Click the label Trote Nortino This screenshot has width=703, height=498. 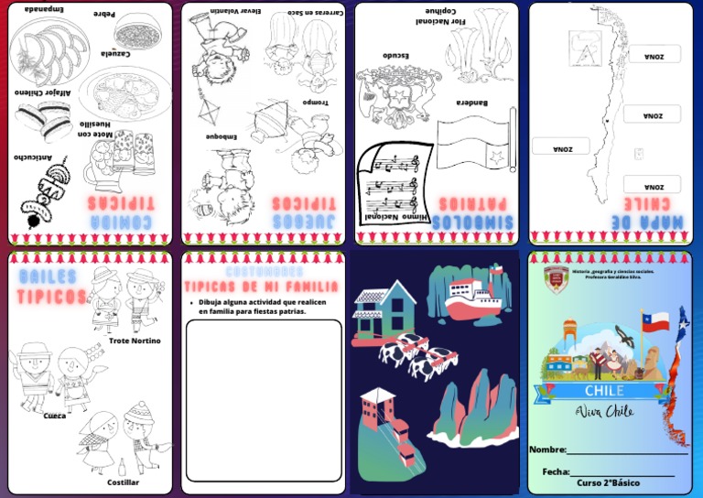coord(135,341)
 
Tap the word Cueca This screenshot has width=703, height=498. coord(55,416)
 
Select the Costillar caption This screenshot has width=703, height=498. coord(123,482)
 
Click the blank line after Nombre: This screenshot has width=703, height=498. coord(627,450)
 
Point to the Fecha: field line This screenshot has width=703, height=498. coord(622,472)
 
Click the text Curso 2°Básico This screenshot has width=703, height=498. coord(608,483)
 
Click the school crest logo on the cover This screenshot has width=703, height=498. coord(556,279)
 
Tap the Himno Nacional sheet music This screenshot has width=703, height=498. coord(391,183)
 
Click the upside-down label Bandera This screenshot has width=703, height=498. coord(472,103)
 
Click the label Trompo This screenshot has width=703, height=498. coord(315,103)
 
